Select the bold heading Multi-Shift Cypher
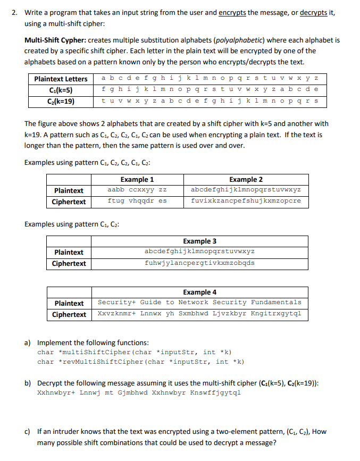coord(55,40)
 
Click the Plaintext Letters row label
coord(61,79)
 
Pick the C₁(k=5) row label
coord(61,90)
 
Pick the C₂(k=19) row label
coord(61,101)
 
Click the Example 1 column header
coord(137,180)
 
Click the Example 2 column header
coord(246,180)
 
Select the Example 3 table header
coord(199,241)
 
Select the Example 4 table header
coord(199,292)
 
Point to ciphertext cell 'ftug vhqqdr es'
coord(137,202)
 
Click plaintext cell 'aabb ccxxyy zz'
coord(137,190)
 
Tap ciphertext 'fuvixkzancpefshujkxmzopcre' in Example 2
coord(246,202)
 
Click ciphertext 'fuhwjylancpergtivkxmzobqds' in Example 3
coord(199,263)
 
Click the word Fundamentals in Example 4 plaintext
coord(276,303)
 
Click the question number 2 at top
coord(15,13)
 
